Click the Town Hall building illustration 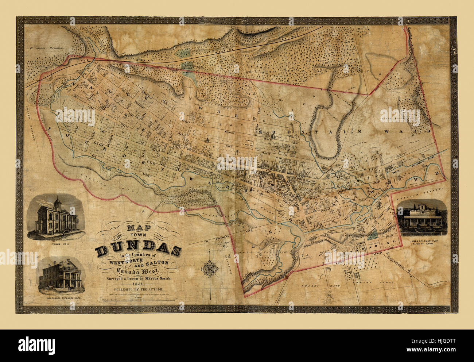coord(57,218)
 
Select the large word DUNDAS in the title coord(138,250)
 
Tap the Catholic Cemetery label coord(188,70)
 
